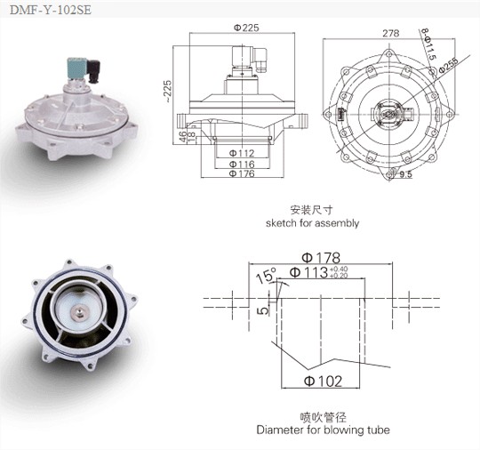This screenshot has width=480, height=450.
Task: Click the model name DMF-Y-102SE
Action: [x=45, y=11]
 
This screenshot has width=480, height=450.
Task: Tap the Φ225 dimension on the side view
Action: [x=250, y=28]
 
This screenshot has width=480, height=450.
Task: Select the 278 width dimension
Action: [x=389, y=32]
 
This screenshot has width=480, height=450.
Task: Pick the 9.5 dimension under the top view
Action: [x=405, y=176]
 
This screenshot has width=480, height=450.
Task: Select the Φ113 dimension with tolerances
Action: [x=317, y=274]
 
